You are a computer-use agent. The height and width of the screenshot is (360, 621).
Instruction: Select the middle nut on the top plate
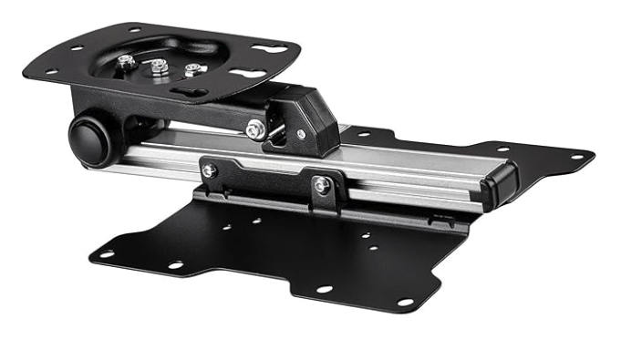[x=160, y=66]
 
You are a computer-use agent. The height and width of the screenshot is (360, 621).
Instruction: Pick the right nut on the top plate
[x=191, y=69]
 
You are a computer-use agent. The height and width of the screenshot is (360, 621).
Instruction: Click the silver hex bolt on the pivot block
[x=255, y=129]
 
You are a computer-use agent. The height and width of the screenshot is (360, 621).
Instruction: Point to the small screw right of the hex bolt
[x=302, y=135]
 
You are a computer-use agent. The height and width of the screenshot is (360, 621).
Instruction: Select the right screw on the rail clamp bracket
[x=320, y=185]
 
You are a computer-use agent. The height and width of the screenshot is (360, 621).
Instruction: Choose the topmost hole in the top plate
[x=136, y=29]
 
